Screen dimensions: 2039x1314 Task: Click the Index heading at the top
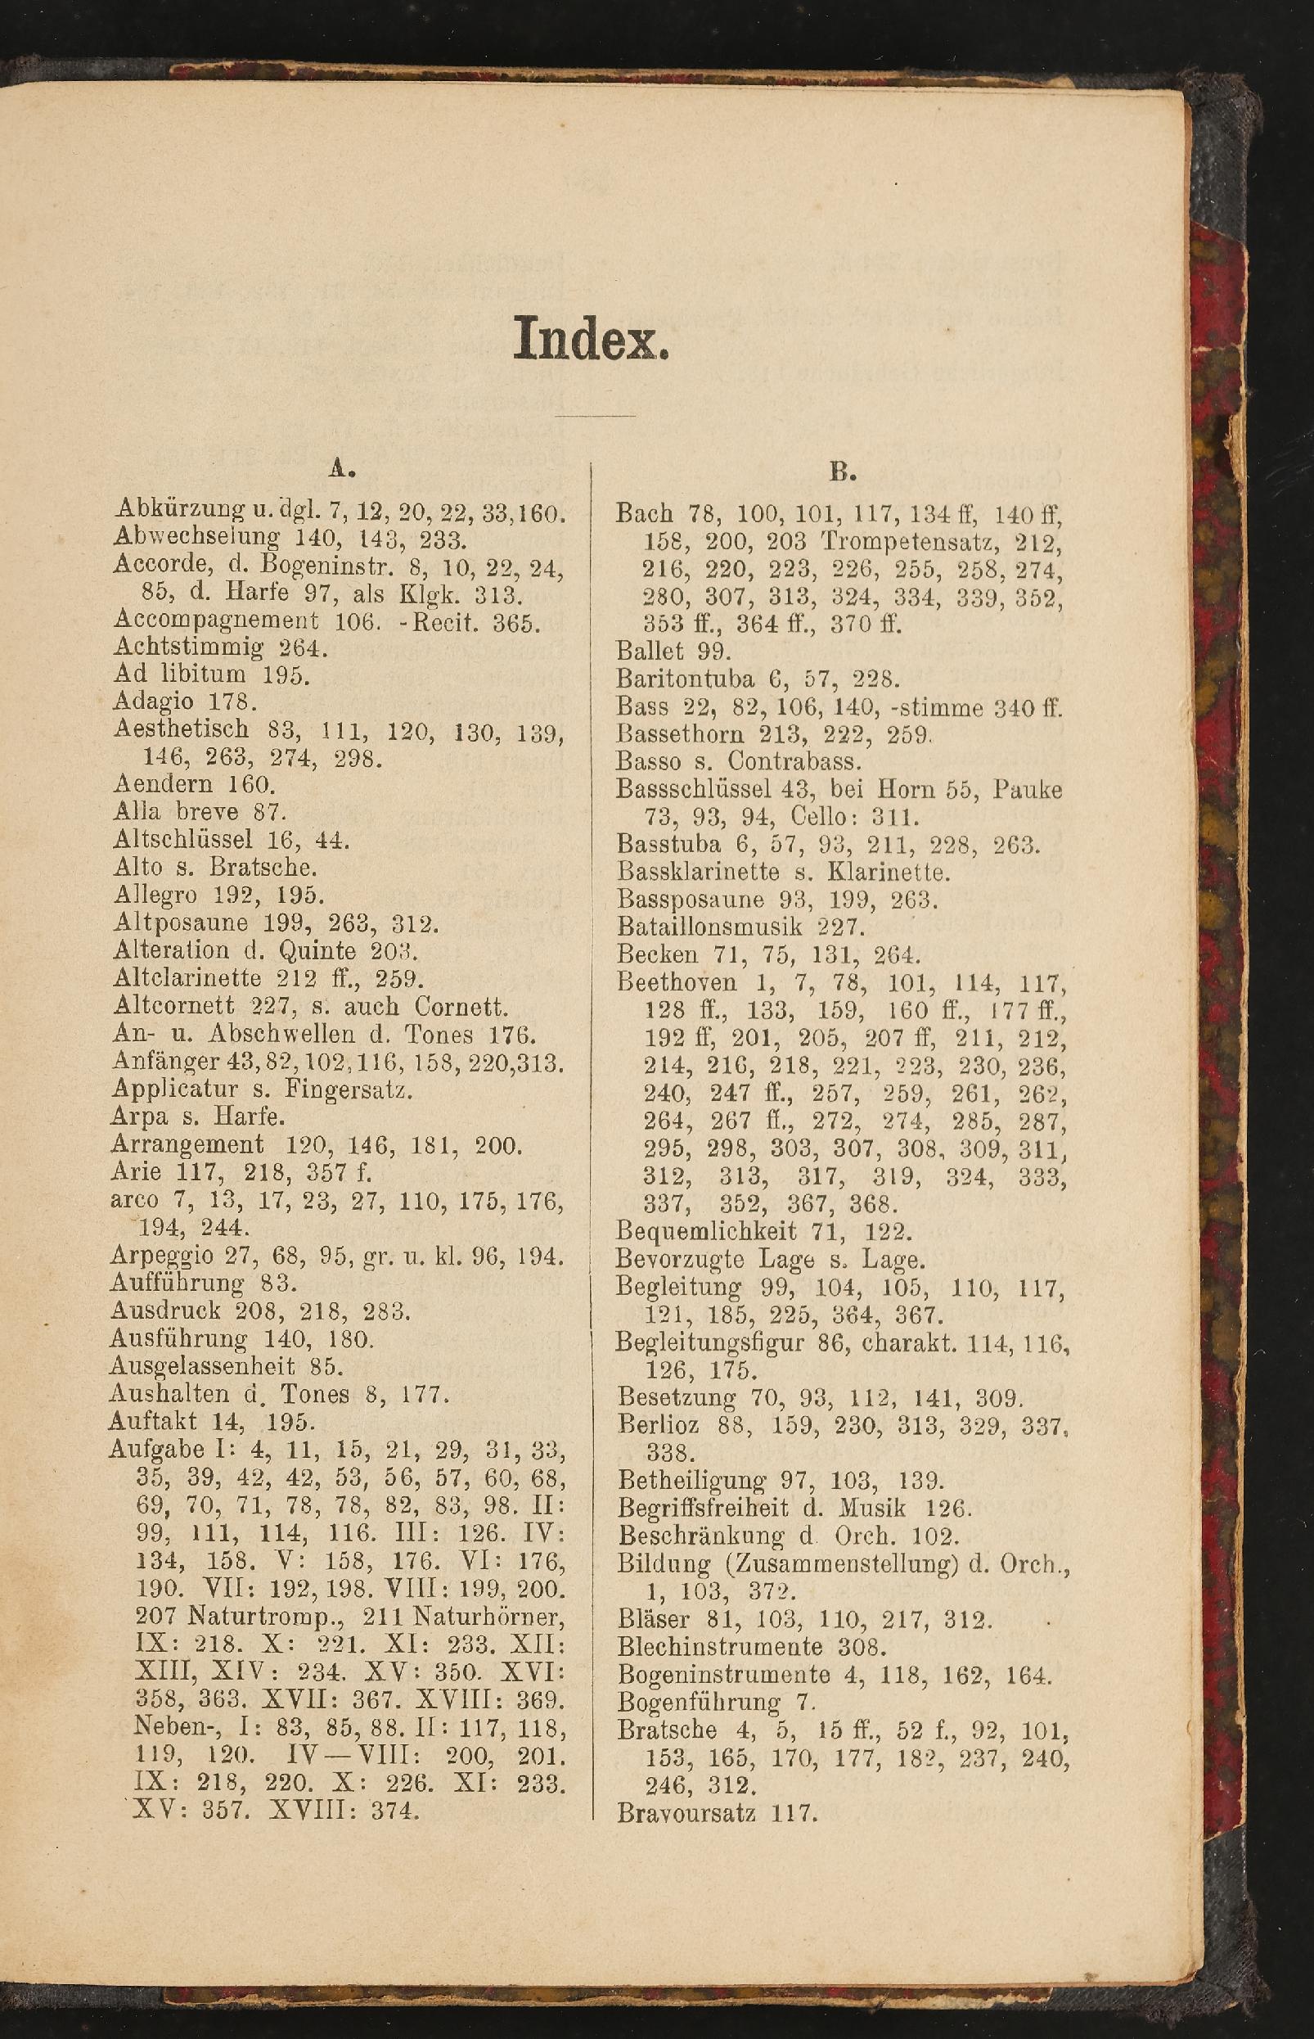[591, 339]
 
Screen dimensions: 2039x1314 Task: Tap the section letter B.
[842, 471]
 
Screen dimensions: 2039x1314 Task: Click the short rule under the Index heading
[595, 416]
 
